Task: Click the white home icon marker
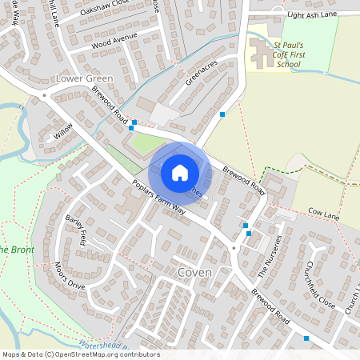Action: pos(180,172)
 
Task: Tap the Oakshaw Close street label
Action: pos(105,14)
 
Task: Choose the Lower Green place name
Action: pos(85,78)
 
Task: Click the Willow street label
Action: pos(63,130)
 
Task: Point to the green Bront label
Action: pos(14,250)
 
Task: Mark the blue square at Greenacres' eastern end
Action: pos(222,115)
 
